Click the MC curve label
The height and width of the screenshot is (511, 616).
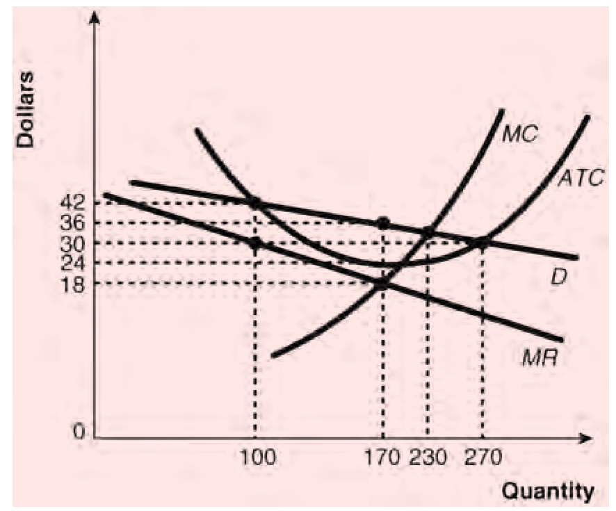(x=519, y=133)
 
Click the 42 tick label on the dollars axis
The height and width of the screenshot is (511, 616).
(x=73, y=204)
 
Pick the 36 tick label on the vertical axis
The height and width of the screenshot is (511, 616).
(x=73, y=224)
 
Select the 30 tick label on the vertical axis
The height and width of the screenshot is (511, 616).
(x=73, y=243)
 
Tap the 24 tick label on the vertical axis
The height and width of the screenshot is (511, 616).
(x=73, y=263)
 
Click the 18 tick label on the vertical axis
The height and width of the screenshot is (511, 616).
(x=73, y=284)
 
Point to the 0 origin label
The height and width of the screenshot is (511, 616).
(x=80, y=432)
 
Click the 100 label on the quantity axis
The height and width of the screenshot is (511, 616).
(x=256, y=457)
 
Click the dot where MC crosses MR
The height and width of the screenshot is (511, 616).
(x=382, y=284)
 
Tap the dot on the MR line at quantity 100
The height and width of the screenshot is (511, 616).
(x=255, y=243)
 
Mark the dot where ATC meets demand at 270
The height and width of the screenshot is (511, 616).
(x=482, y=243)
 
